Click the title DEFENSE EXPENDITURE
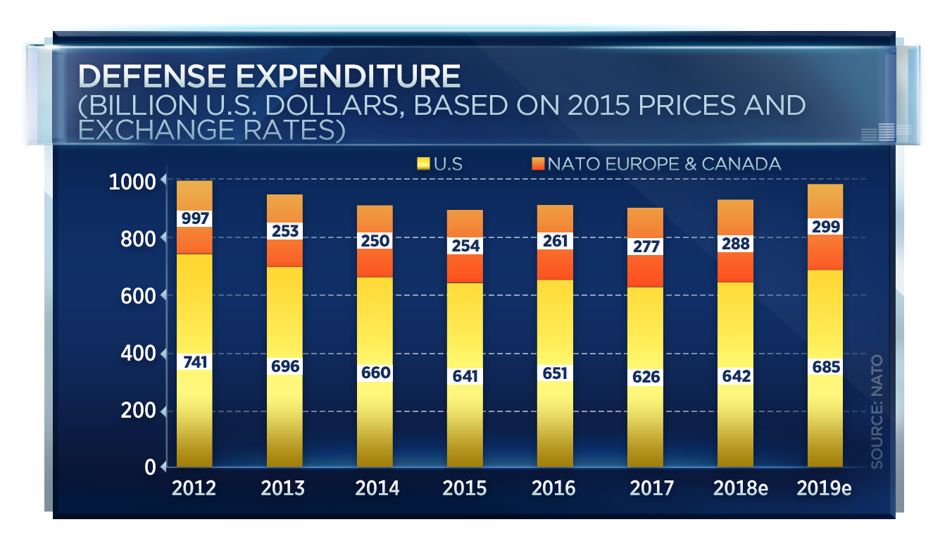[x=269, y=75]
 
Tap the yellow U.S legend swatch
[x=422, y=164]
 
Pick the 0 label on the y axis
[x=149, y=466]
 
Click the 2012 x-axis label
[x=194, y=487]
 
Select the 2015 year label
[x=464, y=487]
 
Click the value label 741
[x=194, y=362]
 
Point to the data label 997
[x=194, y=218]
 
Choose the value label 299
[x=825, y=226]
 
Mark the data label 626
[x=644, y=377]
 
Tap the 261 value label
[x=554, y=241]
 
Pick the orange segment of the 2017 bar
[x=644, y=271]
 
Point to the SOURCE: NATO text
[x=877, y=412]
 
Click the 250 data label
[x=375, y=240]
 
